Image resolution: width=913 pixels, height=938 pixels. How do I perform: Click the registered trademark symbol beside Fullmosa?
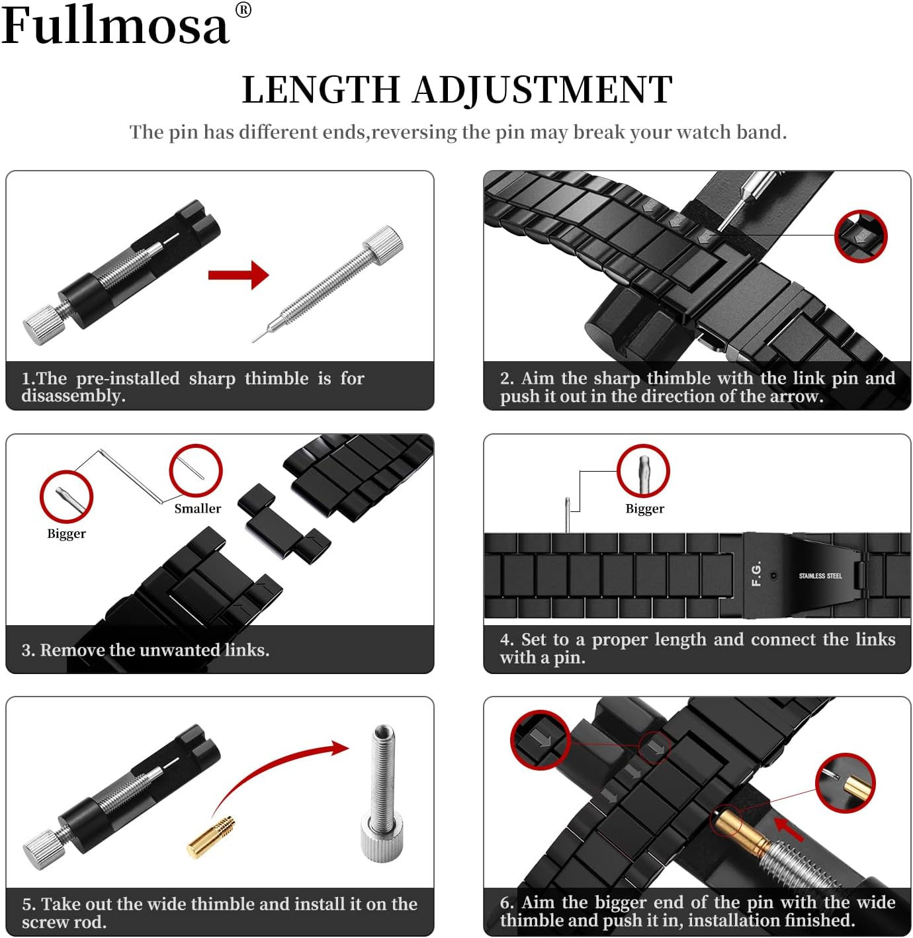click(x=243, y=10)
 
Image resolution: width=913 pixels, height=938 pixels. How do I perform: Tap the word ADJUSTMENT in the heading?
click(x=543, y=90)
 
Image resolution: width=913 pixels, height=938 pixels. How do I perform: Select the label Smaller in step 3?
click(x=197, y=509)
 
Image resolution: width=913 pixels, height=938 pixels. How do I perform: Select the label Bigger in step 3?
click(x=66, y=534)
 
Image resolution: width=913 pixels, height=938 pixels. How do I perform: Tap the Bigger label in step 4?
click(x=644, y=509)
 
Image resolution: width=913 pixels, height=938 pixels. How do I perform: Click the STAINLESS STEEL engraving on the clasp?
click(x=820, y=576)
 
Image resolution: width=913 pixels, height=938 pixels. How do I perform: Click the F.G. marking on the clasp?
click(x=757, y=574)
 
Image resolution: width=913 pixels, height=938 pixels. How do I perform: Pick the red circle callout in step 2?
click(x=860, y=235)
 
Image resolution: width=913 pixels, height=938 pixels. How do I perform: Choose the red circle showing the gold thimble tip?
click(x=845, y=783)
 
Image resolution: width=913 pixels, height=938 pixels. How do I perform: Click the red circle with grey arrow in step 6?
click(x=541, y=740)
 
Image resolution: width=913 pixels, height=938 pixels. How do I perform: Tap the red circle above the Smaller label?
click(x=196, y=470)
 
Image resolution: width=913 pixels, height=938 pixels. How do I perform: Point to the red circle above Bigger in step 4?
click(x=643, y=471)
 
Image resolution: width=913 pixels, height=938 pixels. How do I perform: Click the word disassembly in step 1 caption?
click(x=73, y=396)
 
